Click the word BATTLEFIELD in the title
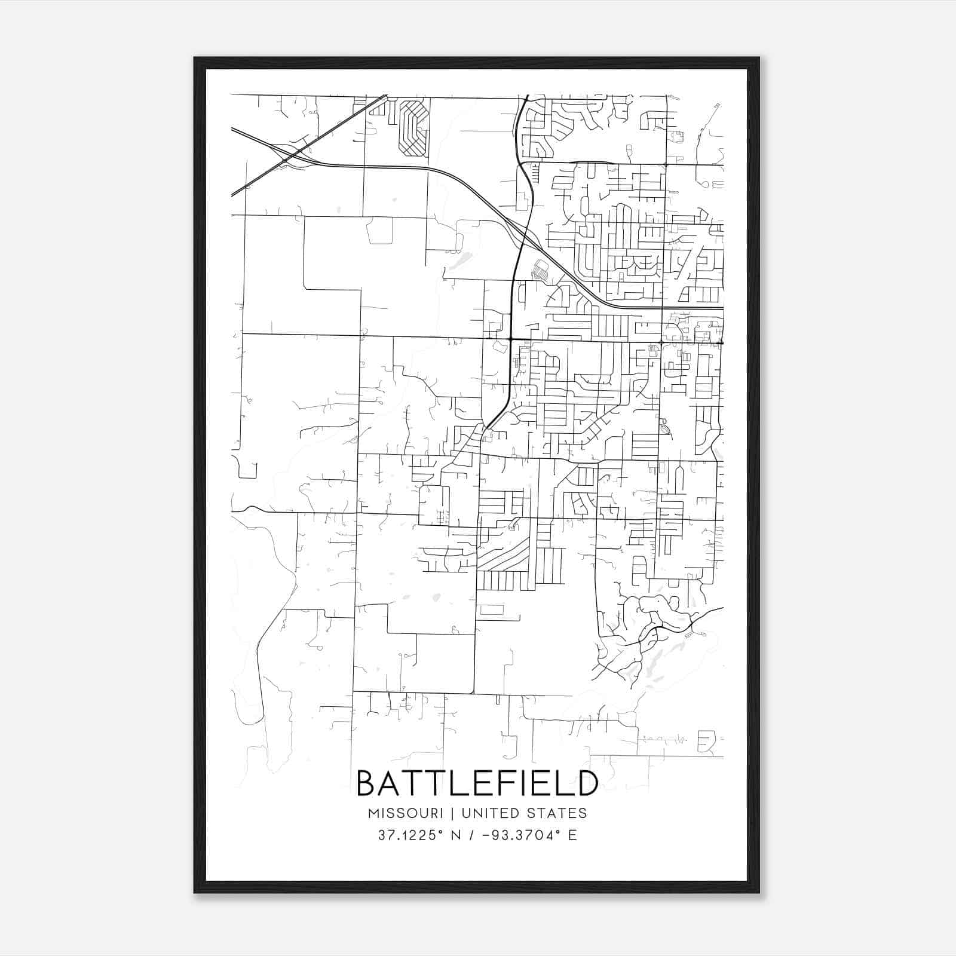click(477, 783)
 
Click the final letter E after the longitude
click(573, 835)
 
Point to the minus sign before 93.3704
click(487, 835)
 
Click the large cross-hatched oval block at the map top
click(413, 128)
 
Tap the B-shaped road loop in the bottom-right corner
click(706, 742)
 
